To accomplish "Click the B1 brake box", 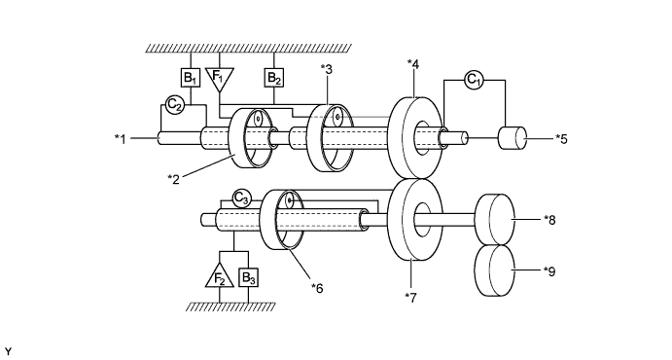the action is (191, 78).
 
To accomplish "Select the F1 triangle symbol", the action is (219, 77).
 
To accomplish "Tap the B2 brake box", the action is (274, 78).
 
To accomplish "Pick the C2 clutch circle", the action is (174, 104).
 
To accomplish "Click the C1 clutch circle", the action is (474, 80).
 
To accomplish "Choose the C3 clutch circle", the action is (242, 198).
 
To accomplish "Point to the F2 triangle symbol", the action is (220, 276).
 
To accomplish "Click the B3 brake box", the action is (249, 277).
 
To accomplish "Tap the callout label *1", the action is (121, 139).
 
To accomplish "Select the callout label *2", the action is (173, 179).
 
